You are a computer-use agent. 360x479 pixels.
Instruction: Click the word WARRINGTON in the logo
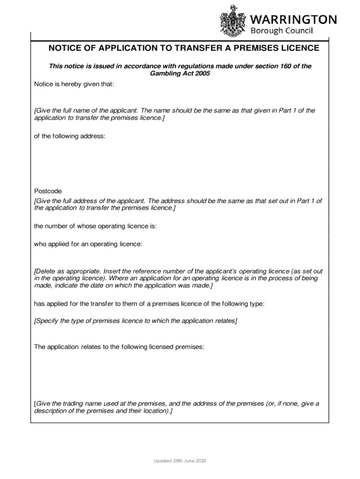coord(294,19)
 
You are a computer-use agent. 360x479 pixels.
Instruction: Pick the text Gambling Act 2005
coord(180,74)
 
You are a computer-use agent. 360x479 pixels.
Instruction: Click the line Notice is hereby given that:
coord(74,84)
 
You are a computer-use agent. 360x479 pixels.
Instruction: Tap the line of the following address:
coord(70,136)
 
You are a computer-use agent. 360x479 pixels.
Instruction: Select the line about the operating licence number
coord(95,226)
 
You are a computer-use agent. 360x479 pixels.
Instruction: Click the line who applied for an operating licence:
coord(88,244)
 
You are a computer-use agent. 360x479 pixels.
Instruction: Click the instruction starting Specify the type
coord(136,321)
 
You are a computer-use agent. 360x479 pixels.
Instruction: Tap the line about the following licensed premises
coord(119,347)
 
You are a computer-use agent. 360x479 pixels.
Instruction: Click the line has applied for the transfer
coord(149,304)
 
